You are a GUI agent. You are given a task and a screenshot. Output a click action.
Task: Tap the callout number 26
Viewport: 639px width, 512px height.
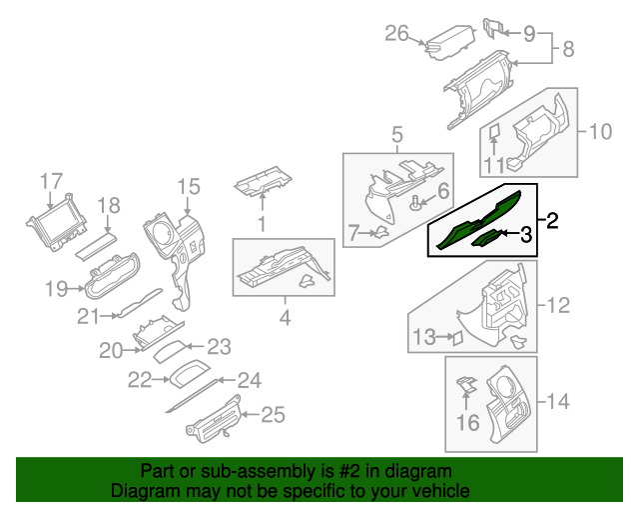[x=397, y=35]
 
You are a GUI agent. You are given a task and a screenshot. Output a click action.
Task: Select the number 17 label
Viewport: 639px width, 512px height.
[x=51, y=181]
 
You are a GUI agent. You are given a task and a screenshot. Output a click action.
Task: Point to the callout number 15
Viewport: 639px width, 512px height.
[x=189, y=186]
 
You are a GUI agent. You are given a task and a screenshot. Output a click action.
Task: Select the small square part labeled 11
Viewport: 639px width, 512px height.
[x=494, y=131]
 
